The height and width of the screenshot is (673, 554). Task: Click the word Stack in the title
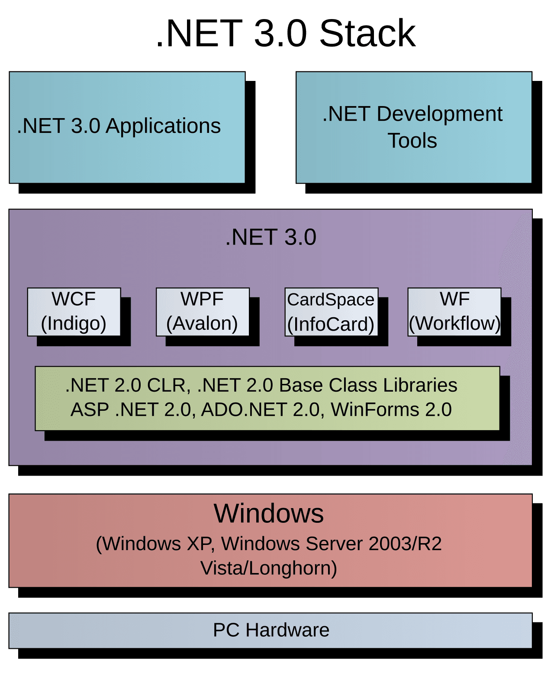coord(367,33)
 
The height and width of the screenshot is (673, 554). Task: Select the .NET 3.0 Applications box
coord(127,127)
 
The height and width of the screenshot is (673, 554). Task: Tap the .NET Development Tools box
coord(414,127)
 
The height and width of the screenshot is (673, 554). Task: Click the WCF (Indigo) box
coord(74,312)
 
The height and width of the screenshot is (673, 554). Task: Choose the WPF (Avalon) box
coord(203,312)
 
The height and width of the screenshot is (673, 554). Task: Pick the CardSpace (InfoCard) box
coord(331,312)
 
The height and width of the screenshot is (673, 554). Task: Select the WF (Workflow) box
coord(454,312)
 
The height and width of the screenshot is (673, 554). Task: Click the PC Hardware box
coord(271,630)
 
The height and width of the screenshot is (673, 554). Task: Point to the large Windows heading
coord(269,514)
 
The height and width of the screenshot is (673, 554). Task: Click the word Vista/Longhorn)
coord(269,568)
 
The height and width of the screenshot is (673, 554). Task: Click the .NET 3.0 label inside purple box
coord(271,237)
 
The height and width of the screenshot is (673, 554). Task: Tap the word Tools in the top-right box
coord(412,141)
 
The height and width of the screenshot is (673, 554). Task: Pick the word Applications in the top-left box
coord(163,126)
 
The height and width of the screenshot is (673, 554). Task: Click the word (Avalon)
coord(202,324)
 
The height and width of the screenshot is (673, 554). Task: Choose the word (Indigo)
coord(74,324)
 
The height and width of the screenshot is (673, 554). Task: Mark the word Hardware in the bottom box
coord(287,630)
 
